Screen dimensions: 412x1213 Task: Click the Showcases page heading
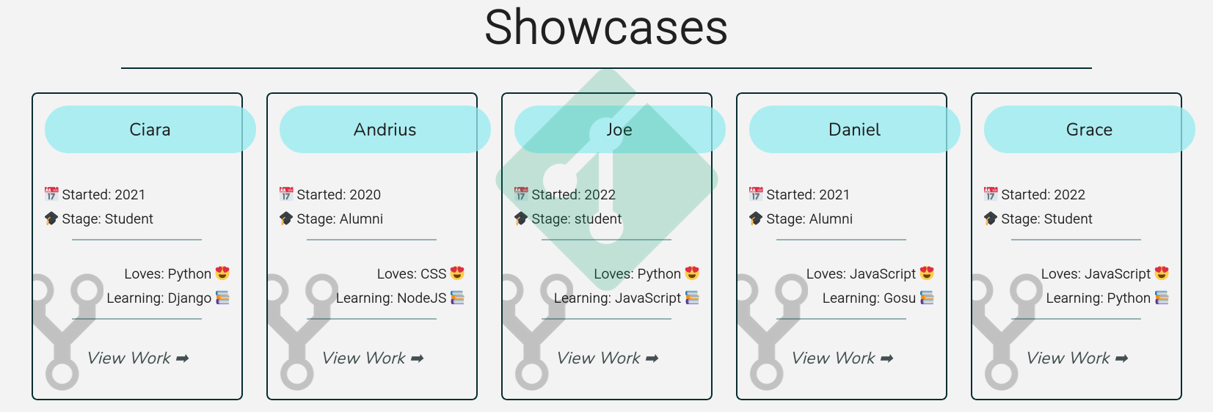606,28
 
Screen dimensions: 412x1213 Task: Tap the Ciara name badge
150,130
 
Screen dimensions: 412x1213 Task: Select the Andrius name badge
385,130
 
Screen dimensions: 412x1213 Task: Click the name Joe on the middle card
619,130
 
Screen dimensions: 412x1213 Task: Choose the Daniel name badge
854,130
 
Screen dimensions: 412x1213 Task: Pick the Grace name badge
1089,130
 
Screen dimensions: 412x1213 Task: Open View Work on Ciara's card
138,358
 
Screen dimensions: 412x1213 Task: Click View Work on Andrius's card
373,358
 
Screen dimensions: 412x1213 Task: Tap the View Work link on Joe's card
608,358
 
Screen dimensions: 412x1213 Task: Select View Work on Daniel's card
842,358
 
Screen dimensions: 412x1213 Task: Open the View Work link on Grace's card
1077,358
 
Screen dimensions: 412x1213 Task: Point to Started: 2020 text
338,195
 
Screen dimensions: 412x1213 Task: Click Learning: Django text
159,298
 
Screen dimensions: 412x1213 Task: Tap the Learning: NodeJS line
391,298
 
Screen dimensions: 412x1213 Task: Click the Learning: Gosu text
869,298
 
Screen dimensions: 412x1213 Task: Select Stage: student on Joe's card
576,219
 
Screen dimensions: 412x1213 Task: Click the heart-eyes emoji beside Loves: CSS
457,273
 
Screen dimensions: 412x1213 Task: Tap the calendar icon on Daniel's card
756,194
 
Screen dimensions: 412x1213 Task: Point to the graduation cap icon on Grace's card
991,218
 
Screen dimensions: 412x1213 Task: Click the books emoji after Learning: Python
1162,298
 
